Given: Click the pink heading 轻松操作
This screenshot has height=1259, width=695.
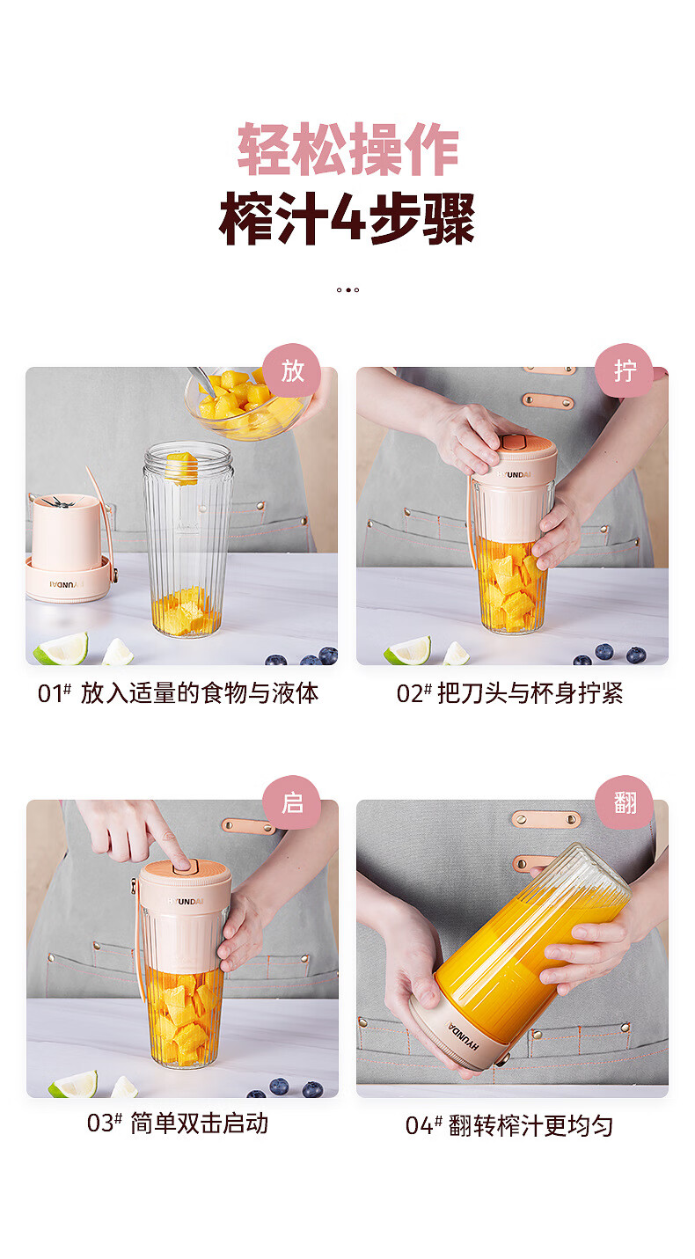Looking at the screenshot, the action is click(x=347, y=150).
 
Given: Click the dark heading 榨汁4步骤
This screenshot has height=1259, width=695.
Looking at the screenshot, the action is click(x=347, y=219).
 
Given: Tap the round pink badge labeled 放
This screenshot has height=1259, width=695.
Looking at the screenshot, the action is click(x=291, y=371).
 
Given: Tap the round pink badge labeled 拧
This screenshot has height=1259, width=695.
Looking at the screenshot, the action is click(x=625, y=371).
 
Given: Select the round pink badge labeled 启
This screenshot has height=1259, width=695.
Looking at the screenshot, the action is click(x=291, y=803).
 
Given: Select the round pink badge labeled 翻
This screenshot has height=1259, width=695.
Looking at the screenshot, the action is click(x=625, y=803).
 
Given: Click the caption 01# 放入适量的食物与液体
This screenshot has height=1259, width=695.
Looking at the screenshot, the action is click(x=178, y=693).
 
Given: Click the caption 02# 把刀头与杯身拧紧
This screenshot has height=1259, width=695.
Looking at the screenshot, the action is click(x=509, y=693).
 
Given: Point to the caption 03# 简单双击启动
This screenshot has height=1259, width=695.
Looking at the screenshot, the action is click(x=178, y=1124).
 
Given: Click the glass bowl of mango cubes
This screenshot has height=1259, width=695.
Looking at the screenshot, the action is click(x=248, y=403).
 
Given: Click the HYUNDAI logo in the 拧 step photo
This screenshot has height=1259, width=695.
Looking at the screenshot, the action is click(x=513, y=474).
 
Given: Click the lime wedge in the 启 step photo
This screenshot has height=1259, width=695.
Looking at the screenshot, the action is click(x=73, y=1086).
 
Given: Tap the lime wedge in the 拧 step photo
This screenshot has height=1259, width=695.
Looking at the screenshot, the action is click(x=408, y=650).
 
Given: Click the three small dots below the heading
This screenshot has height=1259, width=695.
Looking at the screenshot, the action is click(x=347, y=290).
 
